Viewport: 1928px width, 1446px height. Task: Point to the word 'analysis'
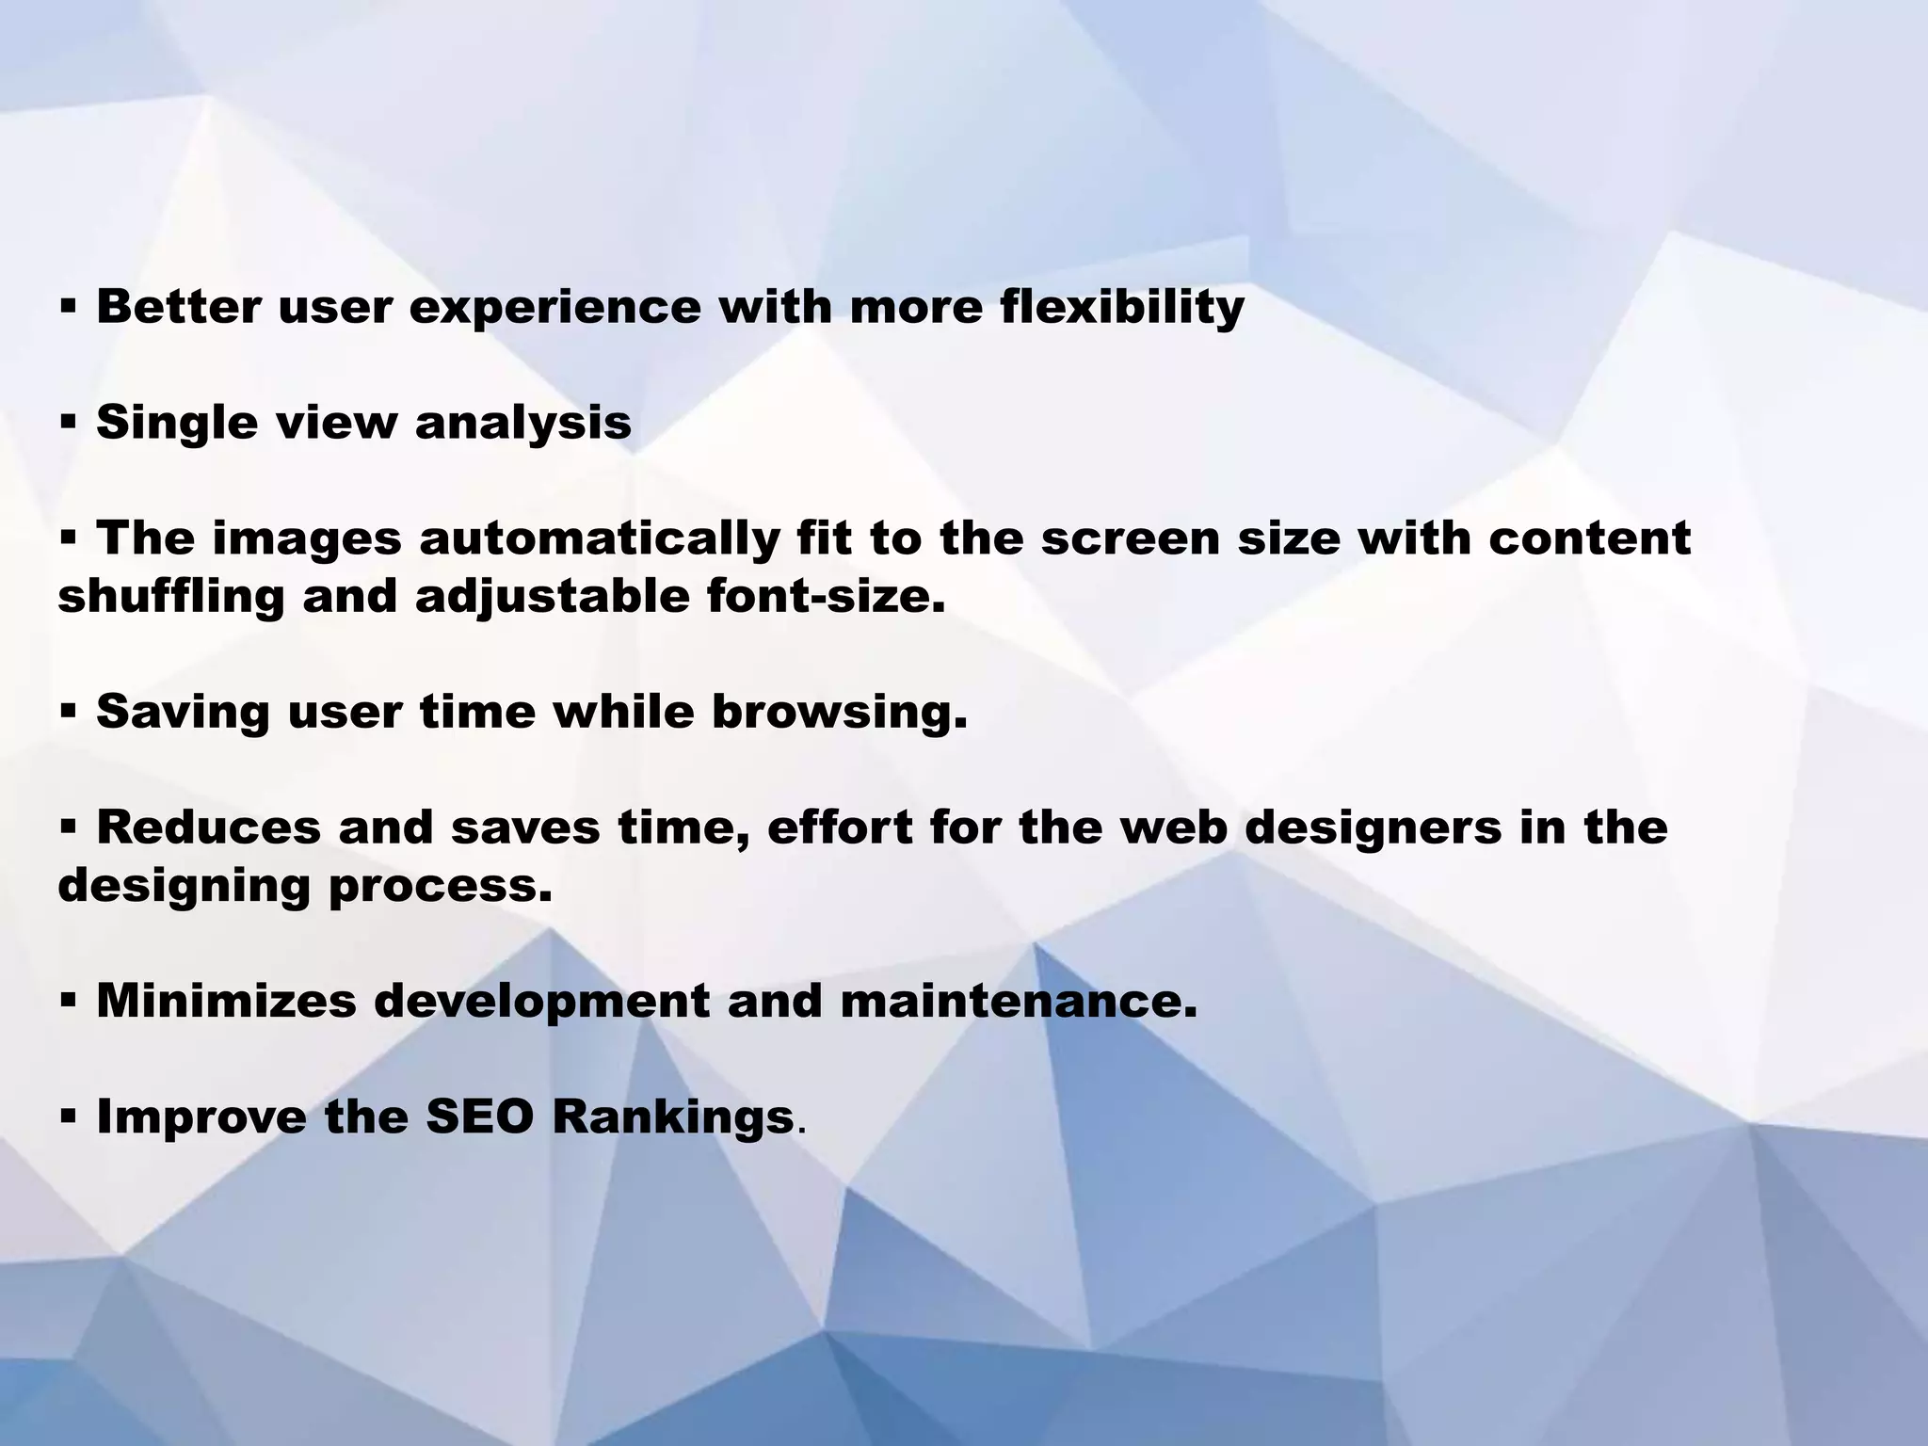[522, 423]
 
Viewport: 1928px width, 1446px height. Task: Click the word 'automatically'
[600, 538]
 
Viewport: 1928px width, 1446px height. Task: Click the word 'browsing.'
[839, 712]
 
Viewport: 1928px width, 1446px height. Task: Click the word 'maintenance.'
[1019, 1001]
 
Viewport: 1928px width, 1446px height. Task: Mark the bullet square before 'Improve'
[68, 1117]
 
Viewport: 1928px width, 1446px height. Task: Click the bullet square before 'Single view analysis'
[68, 424]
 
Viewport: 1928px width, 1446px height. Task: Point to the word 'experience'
[555, 307]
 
